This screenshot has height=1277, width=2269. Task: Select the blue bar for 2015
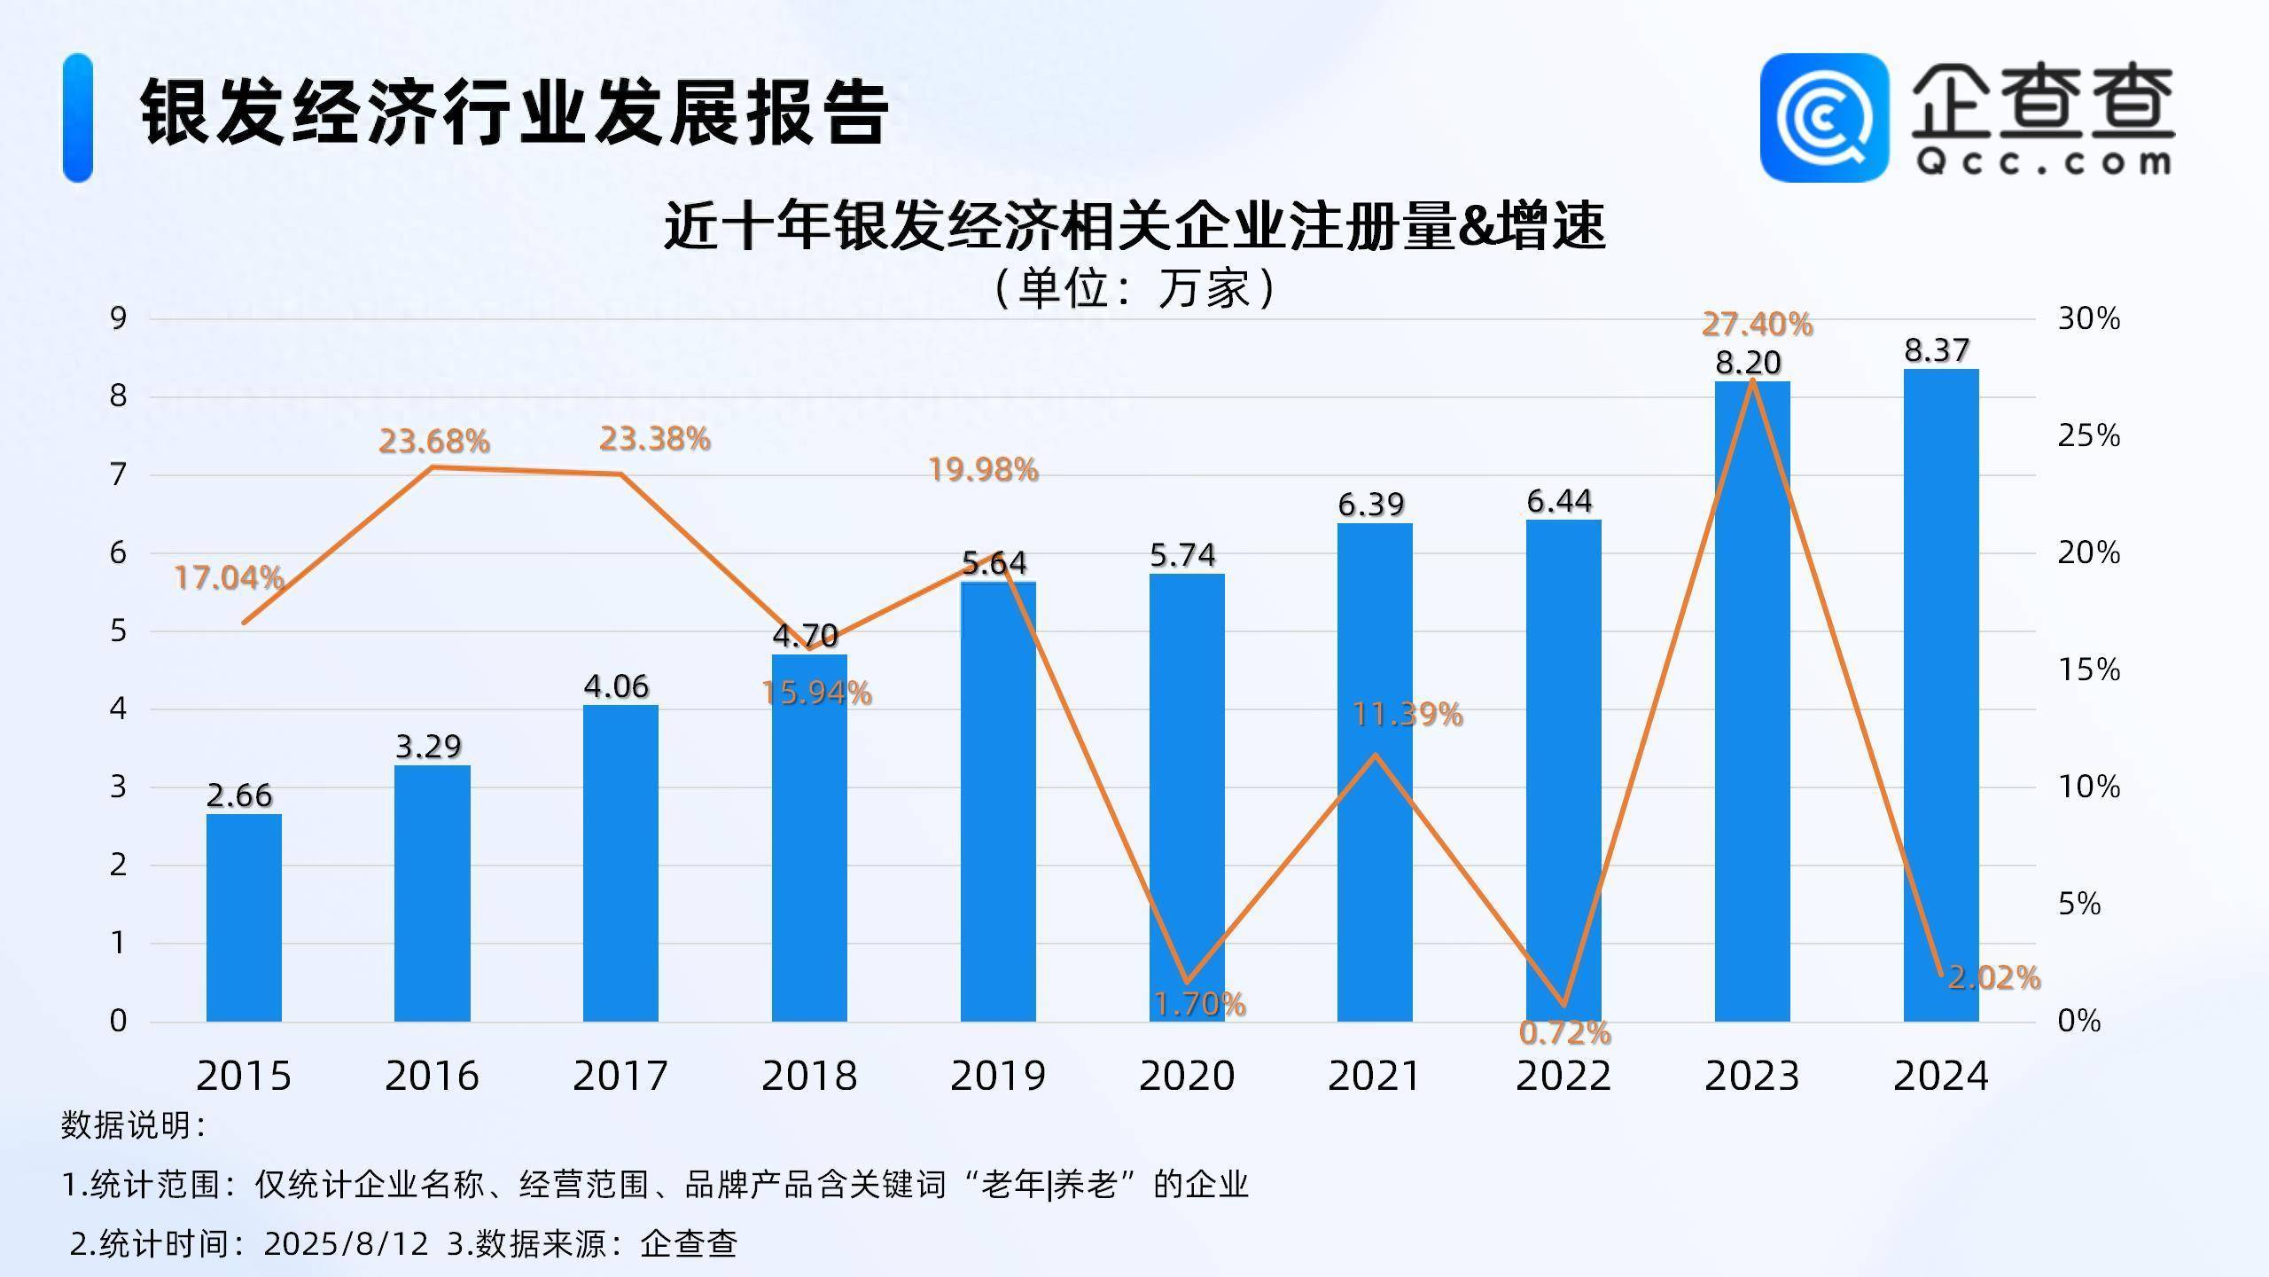pyautogui.click(x=244, y=918)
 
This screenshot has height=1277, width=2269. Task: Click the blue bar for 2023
pyautogui.click(x=1752, y=701)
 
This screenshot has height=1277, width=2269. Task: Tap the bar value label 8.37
pyautogui.click(x=1937, y=351)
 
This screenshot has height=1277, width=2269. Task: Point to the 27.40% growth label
pyautogui.click(x=1757, y=325)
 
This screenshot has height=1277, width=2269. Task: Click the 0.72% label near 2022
pyautogui.click(x=1564, y=1032)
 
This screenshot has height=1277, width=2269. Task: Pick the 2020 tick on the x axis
pyautogui.click(x=1187, y=1076)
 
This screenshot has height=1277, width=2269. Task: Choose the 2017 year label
pyautogui.click(x=620, y=1076)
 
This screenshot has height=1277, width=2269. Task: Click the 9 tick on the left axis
pyautogui.click(x=119, y=318)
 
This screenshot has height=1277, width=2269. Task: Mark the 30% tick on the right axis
pyautogui.click(x=2088, y=318)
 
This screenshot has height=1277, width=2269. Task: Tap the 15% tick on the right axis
pyautogui.click(x=2088, y=670)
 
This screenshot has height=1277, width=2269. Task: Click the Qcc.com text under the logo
pyautogui.click(x=2043, y=161)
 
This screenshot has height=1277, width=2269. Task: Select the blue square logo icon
pyautogui.click(x=1824, y=117)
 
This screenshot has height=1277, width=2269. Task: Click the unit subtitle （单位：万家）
pyautogui.click(x=1134, y=288)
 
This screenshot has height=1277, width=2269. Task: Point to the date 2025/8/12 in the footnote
pyautogui.click(x=346, y=1243)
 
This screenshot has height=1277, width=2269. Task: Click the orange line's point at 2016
pyautogui.click(x=432, y=466)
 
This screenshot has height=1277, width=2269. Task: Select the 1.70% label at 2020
pyautogui.click(x=1199, y=1004)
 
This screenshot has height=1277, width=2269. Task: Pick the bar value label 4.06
pyautogui.click(x=616, y=686)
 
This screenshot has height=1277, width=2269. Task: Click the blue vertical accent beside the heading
pyautogui.click(x=78, y=117)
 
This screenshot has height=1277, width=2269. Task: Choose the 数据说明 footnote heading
pyautogui.click(x=133, y=1125)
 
